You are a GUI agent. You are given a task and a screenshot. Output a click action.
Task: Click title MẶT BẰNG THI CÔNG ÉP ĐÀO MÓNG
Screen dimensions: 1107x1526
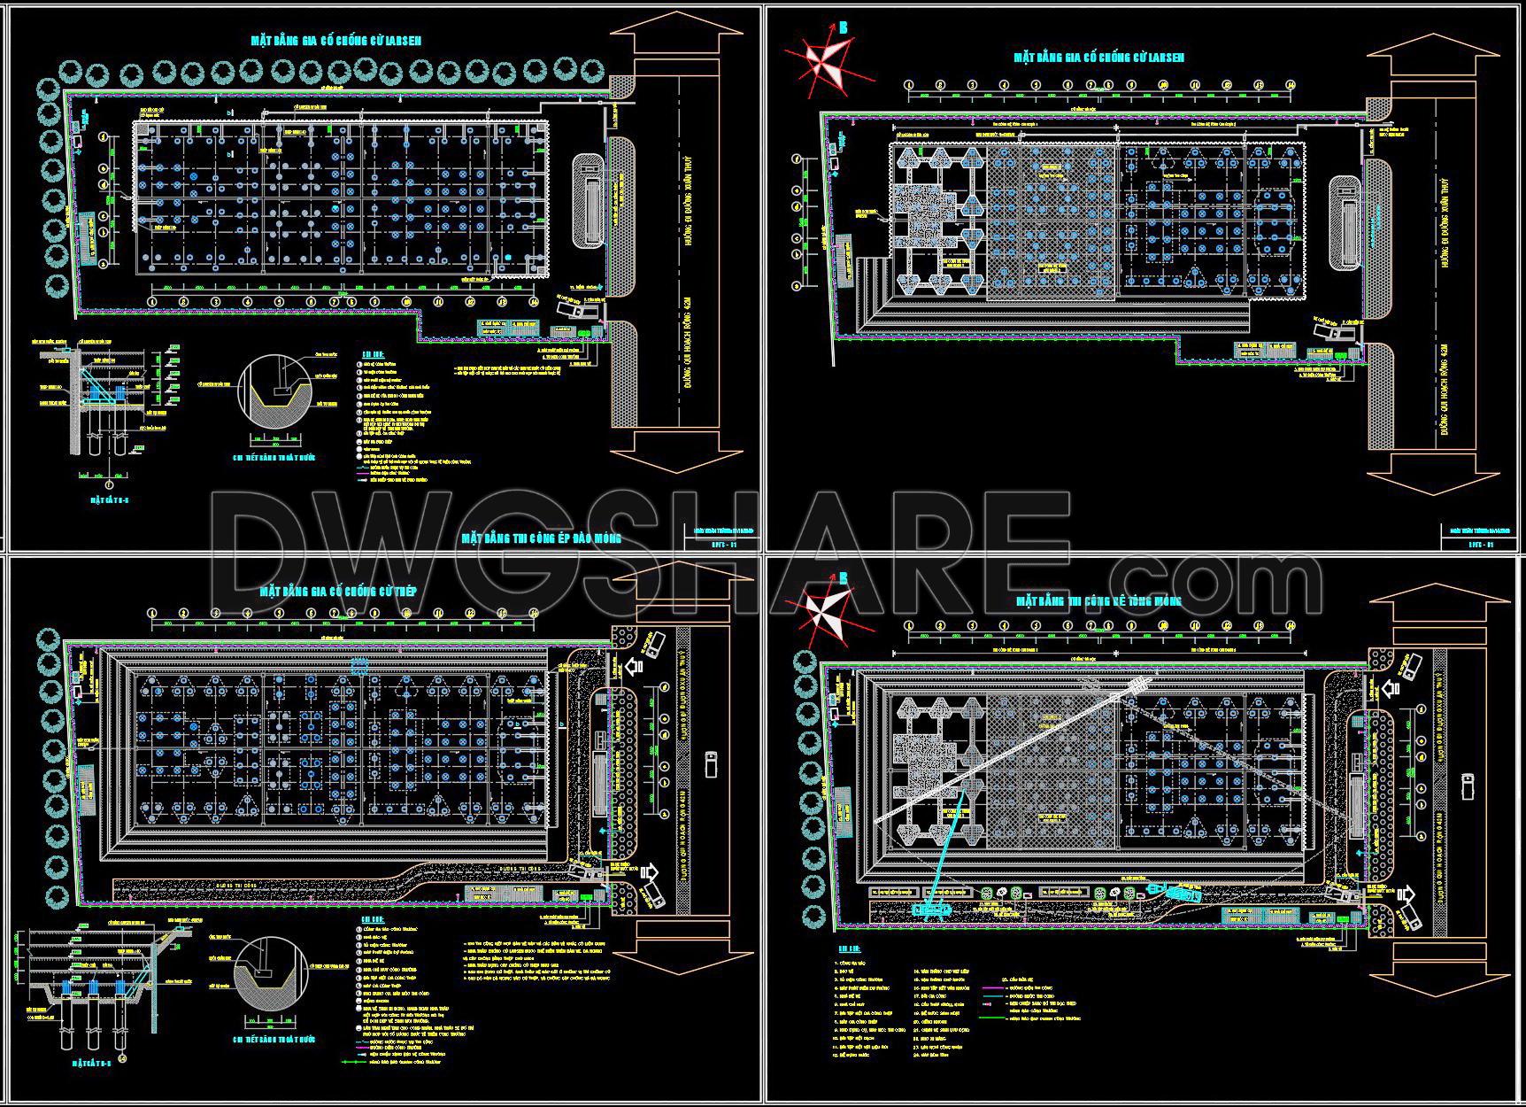click(541, 538)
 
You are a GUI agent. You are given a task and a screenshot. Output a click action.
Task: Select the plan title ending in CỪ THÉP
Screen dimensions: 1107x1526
click(337, 591)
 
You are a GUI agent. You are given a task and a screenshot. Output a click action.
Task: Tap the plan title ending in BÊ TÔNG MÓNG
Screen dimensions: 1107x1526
click(1098, 601)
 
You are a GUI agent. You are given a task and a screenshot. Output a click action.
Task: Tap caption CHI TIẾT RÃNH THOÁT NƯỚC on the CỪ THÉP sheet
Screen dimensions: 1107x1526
click(274, 1039)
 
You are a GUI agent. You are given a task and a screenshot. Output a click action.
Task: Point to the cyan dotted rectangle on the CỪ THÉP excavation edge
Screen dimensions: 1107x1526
click(359, 663)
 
